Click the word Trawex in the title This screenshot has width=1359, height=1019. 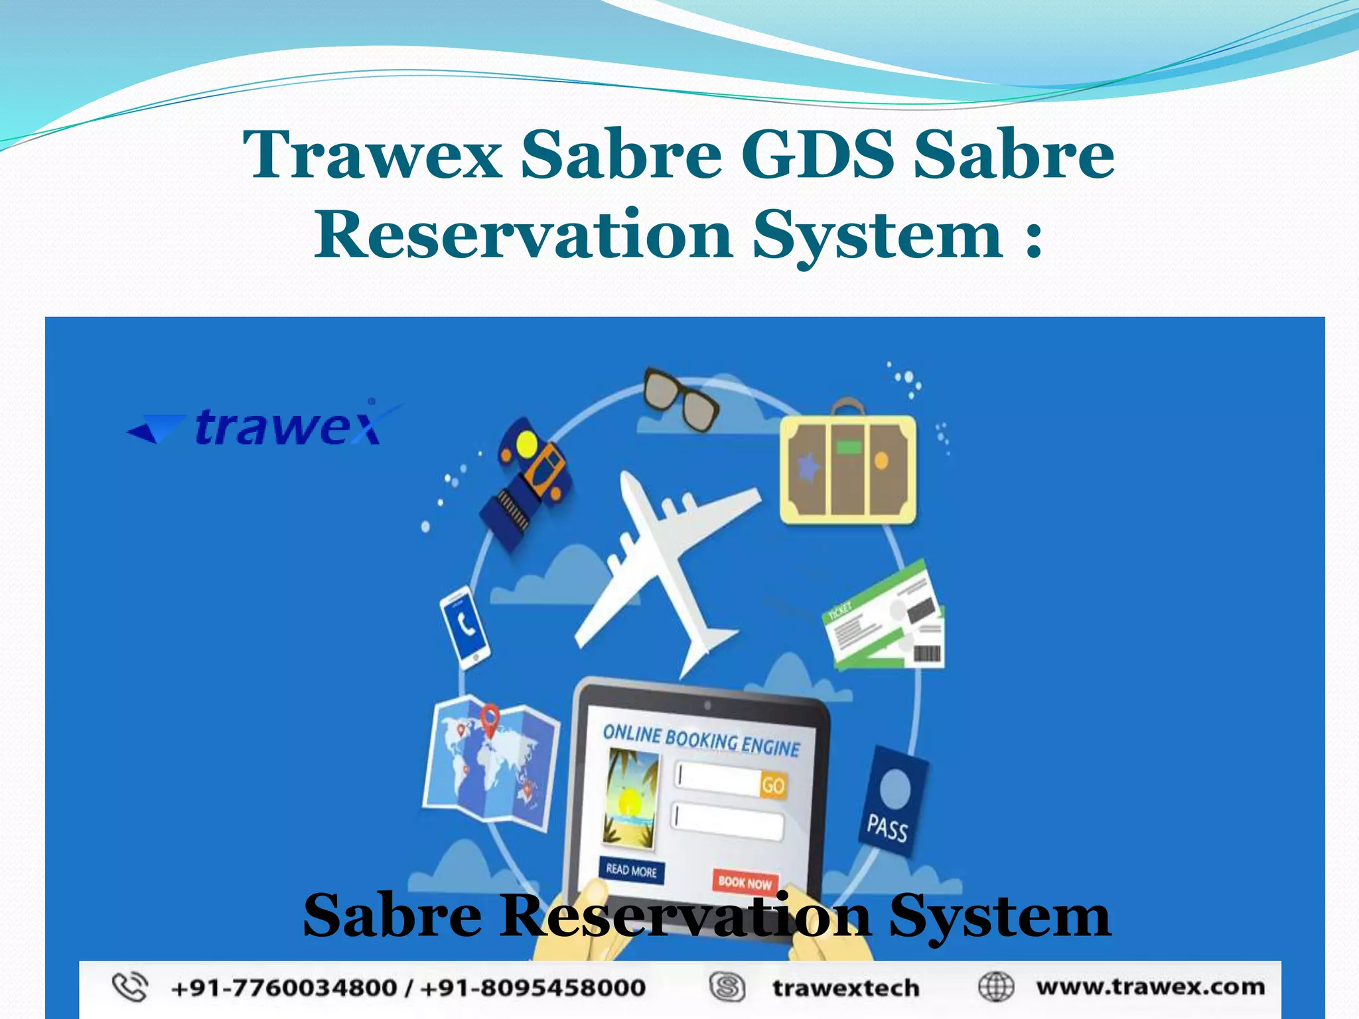[x=373, y=155]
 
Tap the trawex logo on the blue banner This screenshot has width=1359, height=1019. [x=265, y=425]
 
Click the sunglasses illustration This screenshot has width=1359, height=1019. [x=680, y=399]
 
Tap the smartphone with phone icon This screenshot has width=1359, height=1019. [x=465, y=627]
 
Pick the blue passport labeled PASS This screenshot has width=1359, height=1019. [x=893, y=799]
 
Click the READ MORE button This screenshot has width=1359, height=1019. [x=631, y=870]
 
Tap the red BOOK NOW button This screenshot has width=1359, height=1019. [x=745, y=882]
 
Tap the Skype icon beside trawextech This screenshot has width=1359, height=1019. [x=727, y=987]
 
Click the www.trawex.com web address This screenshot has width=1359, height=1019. [x=1150, y=987]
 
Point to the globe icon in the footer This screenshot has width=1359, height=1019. [x=996, y=987]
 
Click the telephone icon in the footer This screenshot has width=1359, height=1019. [x=129, y=987]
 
